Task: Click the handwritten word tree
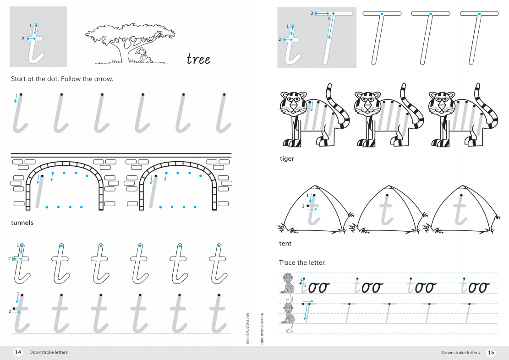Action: coord(198,59)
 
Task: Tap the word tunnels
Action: coord(22,223)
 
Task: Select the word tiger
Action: coord(287,159)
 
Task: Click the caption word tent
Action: coord(285,244)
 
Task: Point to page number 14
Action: coord(18,352)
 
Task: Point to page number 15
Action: coord(491,352)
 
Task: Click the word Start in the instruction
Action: coord(18,79)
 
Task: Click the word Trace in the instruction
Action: coord(287,262)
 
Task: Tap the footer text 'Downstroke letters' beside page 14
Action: coord(49,352)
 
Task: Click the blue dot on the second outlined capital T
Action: coord(431,14)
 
